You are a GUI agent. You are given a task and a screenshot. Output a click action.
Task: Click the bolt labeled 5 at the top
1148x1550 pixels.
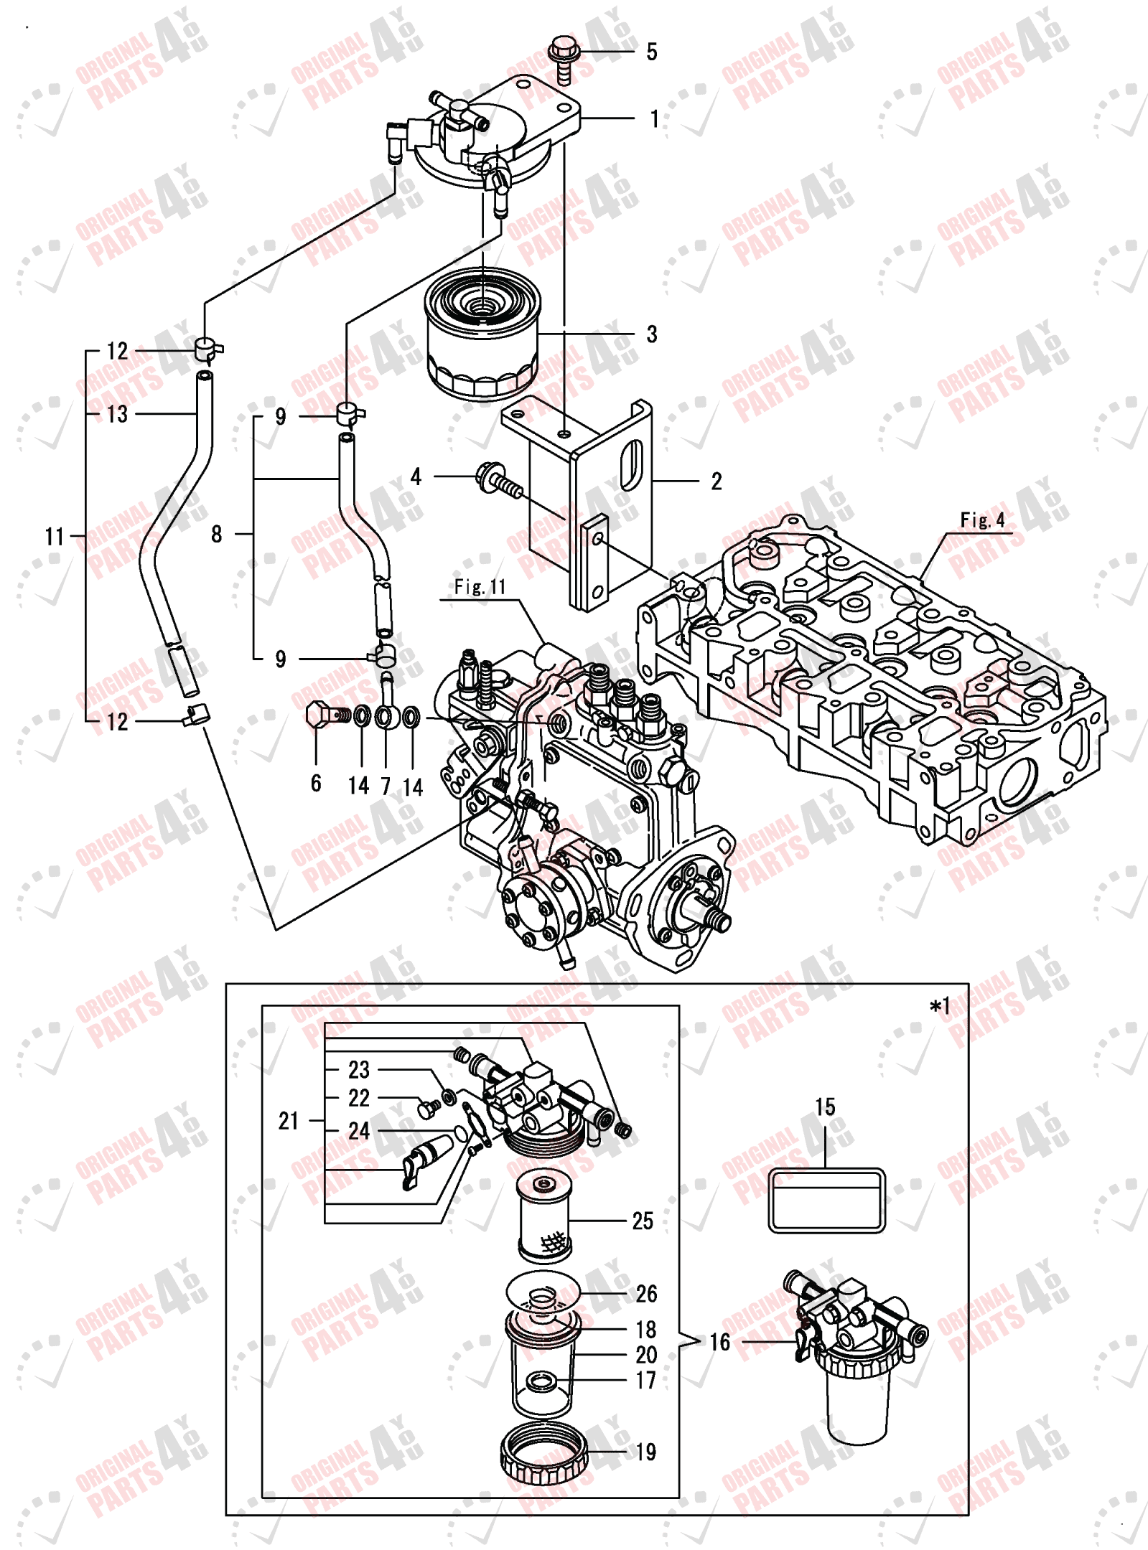(563, 57)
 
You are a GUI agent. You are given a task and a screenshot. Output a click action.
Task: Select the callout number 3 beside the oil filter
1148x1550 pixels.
(651, 334)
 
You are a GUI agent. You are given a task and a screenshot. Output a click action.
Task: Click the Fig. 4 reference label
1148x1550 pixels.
(982, 520)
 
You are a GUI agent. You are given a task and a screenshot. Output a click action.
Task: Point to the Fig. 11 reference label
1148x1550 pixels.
(480, 587)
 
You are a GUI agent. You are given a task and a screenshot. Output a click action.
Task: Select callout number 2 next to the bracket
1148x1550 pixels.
(716, 482)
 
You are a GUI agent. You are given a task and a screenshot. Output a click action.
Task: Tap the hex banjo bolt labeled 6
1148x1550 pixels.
(322, 715)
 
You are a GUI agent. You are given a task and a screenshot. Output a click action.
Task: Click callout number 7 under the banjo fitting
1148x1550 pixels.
(386, 786)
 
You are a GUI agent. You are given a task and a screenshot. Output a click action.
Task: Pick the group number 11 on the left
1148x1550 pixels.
(55, 536)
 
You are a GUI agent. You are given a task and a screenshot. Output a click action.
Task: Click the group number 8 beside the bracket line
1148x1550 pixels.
(217, 534)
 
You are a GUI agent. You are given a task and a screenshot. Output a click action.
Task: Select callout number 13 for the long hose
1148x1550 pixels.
(116, 414)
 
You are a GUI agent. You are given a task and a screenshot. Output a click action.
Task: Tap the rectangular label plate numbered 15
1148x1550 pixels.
(826, 1200)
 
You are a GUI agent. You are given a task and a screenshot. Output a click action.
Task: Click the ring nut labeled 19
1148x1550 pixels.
(543, 1454)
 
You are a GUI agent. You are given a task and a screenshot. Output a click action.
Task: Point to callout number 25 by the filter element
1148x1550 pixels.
(643, 1221)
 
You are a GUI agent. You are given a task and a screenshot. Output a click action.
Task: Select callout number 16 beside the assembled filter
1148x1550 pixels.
(719, 1342)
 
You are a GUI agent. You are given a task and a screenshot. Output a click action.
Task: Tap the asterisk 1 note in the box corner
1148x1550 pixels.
(939, 1007)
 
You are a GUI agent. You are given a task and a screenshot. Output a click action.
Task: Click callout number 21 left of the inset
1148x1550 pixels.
(289, 1121)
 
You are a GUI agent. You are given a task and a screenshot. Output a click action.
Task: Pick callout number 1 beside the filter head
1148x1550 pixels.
(654, 118)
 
